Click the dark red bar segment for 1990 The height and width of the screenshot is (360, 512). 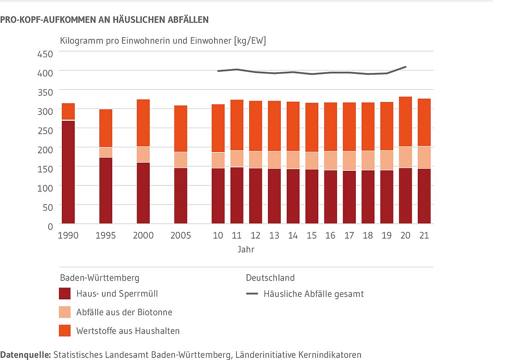pyautogui.click(x=68, y=172)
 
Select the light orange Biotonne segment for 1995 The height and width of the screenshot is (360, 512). pyautogui.click(x=106, y=152)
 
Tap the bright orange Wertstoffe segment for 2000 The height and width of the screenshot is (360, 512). pyautogui.click(x=143, y=123)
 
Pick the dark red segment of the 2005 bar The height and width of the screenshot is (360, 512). pyautogui.click(x=181, y=196)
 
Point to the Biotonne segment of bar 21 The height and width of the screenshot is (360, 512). pyautogui.click(x=424, y=158)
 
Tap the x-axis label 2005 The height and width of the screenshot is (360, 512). pyautogui.click(x=181, y=236)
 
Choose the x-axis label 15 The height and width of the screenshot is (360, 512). pyautogui.click(x=311, y=236)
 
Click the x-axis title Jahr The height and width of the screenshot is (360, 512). pyautogui.click(x=246, y=249)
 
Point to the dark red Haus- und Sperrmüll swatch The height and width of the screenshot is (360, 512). pyautogui.click(x=65, y=294)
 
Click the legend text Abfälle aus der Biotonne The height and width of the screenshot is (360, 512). pyautogui.click(x=124, y=312)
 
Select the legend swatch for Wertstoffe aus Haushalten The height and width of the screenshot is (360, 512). pyautogui.click(x=65, y=331)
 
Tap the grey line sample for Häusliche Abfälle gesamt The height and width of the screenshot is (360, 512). pyautogui.click(x=252, y=294)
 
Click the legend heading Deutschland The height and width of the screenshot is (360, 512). pyautogui.click(x=270, y=278)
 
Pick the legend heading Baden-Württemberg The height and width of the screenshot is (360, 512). pyautogui.click(x=99, y=278)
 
